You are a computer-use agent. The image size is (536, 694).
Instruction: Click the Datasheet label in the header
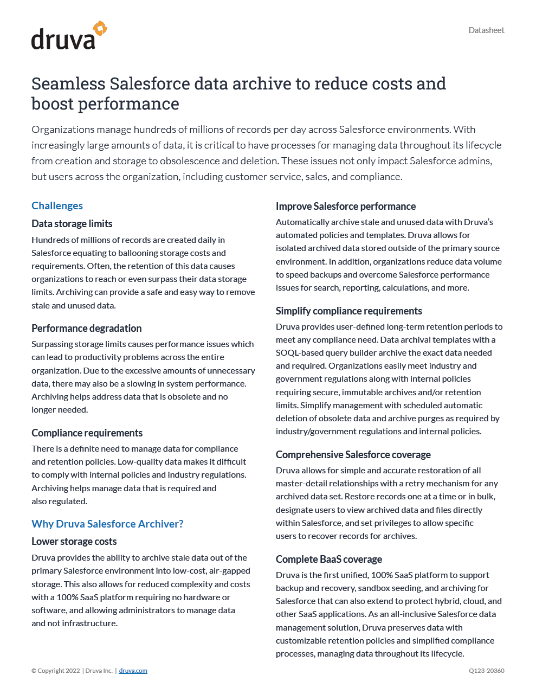[486, 30]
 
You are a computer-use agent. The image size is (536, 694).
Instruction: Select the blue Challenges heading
[57, 205]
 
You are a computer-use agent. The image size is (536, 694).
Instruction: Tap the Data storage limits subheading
[72, 223]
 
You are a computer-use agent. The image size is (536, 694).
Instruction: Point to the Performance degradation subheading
[87, 328]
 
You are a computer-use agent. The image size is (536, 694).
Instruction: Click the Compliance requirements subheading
[87, 433]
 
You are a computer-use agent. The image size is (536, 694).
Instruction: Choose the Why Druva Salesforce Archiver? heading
[107, 524]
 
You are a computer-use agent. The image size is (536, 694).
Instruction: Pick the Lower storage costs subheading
[74, 541]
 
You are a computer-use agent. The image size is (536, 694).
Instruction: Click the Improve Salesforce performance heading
[346, 206]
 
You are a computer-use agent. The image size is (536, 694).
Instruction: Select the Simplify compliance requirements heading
[349, 311]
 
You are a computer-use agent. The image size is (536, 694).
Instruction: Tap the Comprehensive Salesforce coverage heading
[353, 454]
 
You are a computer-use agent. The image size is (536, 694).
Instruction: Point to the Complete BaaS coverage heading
[329, 559]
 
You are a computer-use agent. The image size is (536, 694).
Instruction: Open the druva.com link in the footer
[133, 671]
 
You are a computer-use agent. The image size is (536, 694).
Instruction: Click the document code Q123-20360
[487, 671]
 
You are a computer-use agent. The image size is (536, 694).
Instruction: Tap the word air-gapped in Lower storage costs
[230, 570]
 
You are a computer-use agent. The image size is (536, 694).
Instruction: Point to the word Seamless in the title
[68, 83]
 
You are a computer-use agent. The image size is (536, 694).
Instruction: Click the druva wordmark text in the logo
[63, 40]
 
